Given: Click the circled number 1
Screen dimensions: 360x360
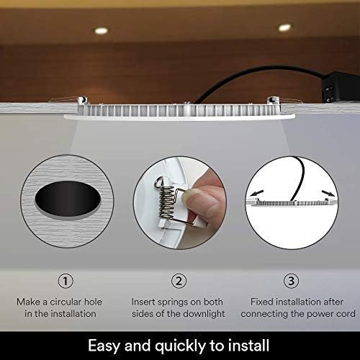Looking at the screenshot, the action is (x=66, y=281).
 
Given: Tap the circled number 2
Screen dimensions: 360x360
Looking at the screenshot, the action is (x=179, y=281).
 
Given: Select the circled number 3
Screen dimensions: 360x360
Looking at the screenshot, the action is (x=291, y=281).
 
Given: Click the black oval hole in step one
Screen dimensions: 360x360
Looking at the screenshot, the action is (x=68, y=199).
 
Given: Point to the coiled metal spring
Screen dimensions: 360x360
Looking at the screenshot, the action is (x=166, y=202).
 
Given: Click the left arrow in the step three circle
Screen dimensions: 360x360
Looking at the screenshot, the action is (x=256, y=193).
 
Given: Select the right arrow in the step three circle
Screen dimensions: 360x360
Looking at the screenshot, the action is (x=328, y=193).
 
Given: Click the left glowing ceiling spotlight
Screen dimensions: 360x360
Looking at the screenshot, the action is (x=102, y=30).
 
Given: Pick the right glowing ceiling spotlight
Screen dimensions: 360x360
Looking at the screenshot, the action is (x=284, y=27).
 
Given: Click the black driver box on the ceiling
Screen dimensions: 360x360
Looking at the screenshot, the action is (x=341, y=87).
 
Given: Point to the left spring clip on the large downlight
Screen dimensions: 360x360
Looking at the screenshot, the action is (x=82, y=100).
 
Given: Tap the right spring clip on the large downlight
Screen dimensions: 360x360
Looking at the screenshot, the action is (x=274, y=100).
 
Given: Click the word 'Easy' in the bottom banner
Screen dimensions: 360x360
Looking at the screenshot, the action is (x=104, y=346).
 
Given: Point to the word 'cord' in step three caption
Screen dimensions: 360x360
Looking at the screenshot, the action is (x=346, y=314).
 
